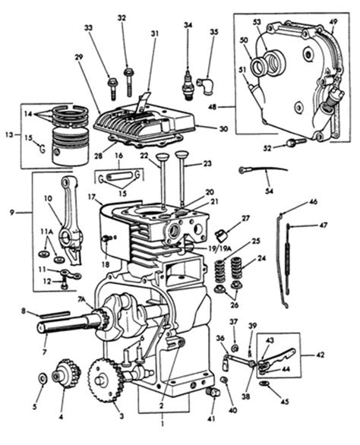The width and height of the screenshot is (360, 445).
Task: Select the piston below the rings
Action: pyautogui.click(x=71, y=146)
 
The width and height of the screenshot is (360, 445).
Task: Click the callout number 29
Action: pyautogui.click(x=79, y=57)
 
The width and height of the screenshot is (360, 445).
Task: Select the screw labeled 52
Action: pyautogui.click(x=296, y=142)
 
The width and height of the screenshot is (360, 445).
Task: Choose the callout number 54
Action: pyautogui.click(x=269, y=191)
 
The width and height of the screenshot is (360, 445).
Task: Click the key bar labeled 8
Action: pyautogui.click(x=55, y=314)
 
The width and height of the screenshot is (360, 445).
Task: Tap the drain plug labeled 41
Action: pyautogui.click(x=214, y=393)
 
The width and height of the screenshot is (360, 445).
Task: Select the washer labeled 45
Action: pyautogui.click(x=265, y=383)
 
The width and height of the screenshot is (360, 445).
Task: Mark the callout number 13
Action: pyautogui.click(x=9, y=134)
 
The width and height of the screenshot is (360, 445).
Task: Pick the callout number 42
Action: pyautogui.click(x=320, y=355)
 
